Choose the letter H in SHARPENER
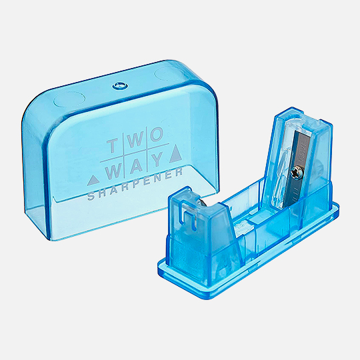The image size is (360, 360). coord(101,195)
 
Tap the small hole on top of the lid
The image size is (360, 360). coord(119,85)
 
